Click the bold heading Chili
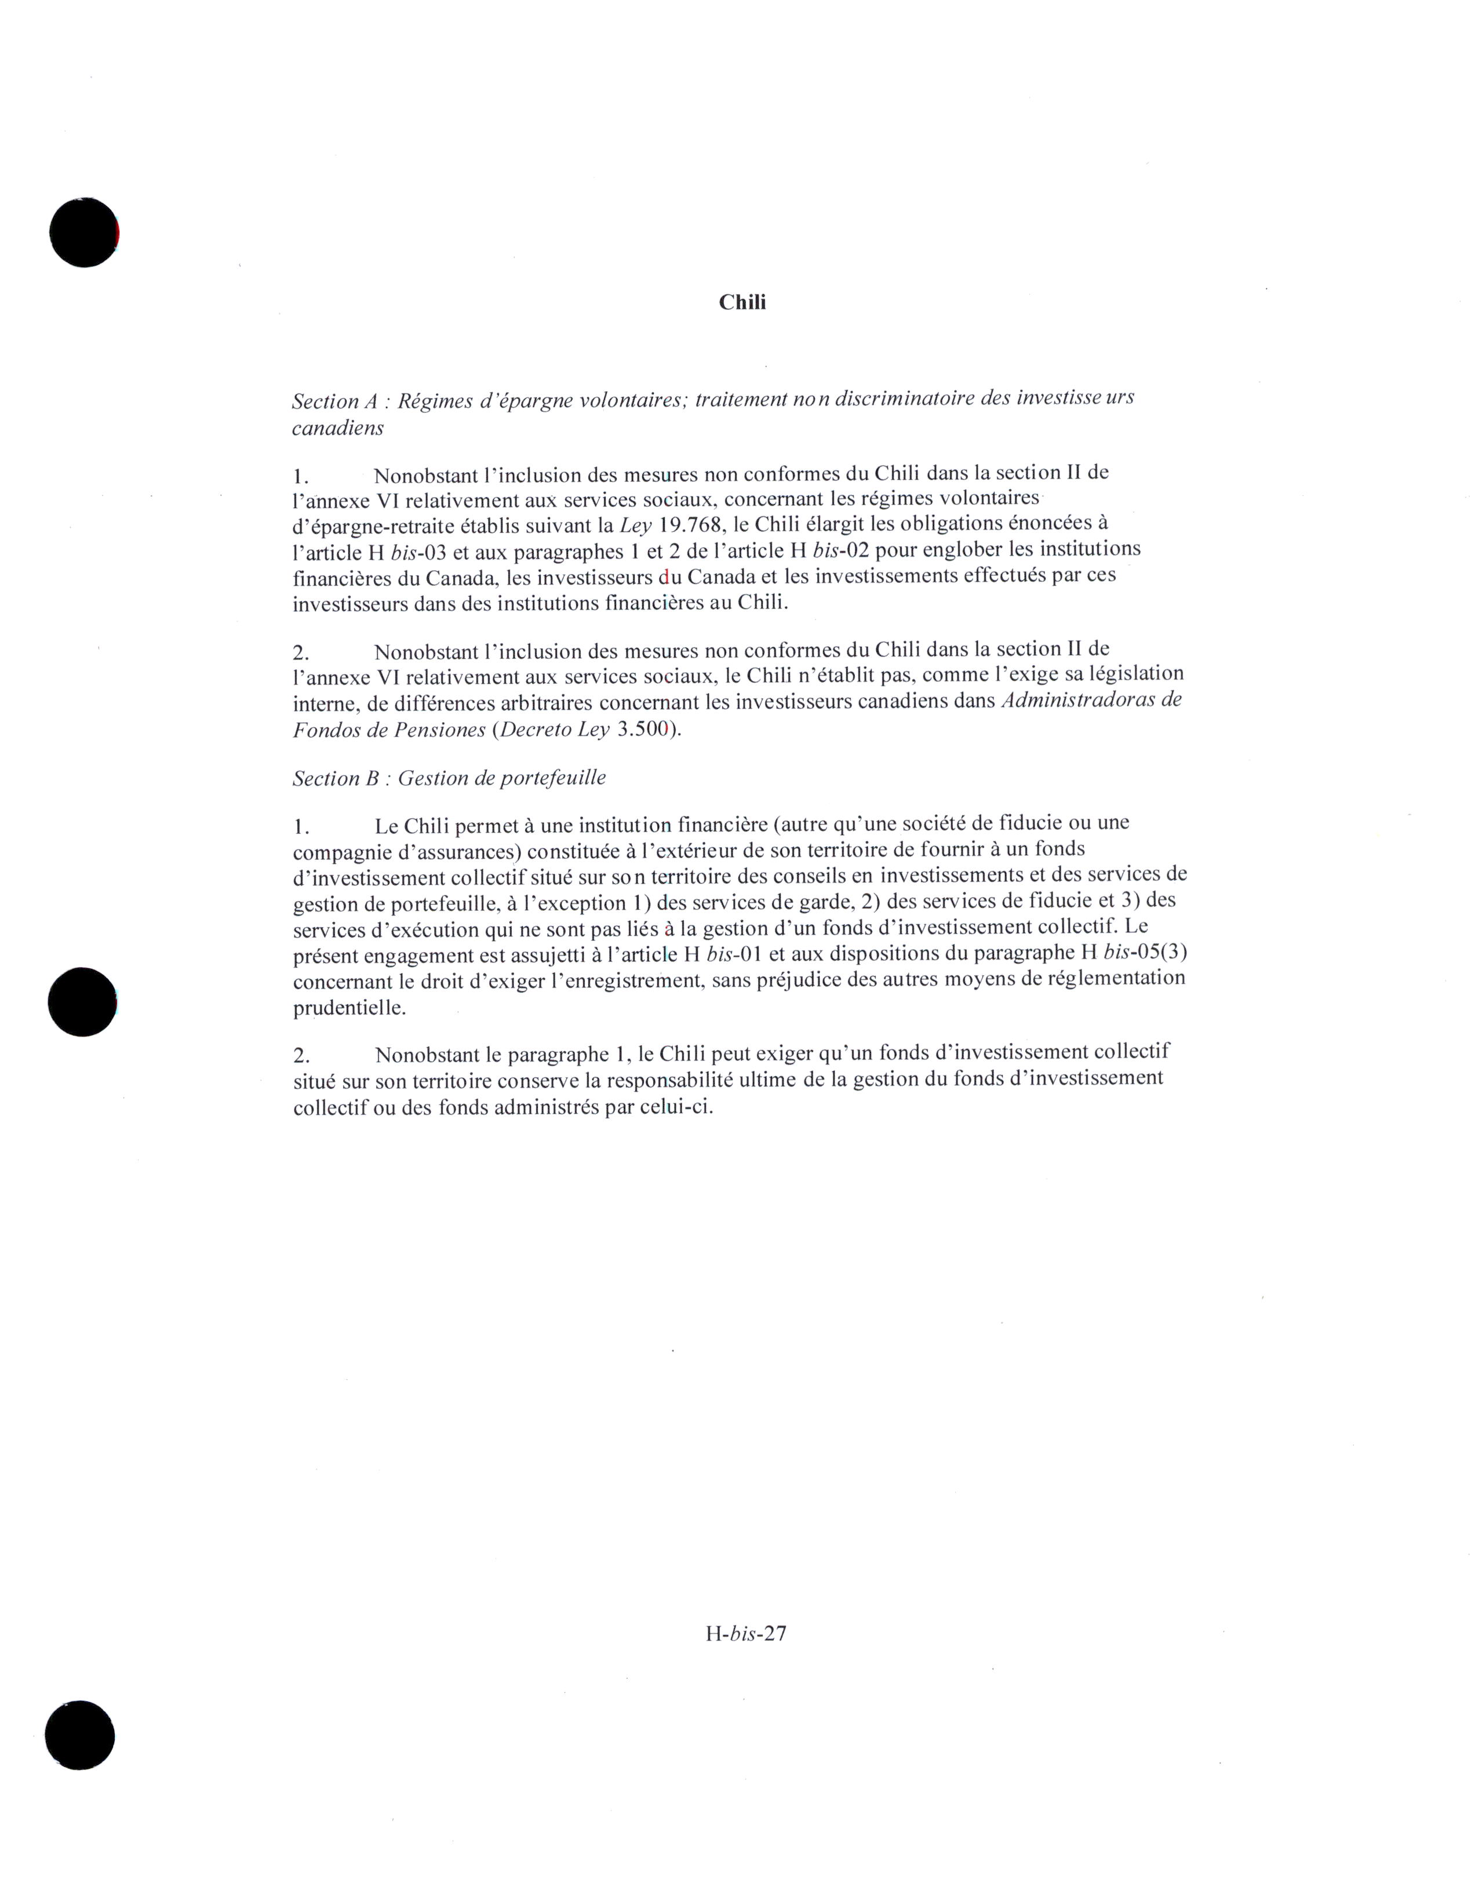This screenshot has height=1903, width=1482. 742,302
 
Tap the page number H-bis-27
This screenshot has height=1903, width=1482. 746,1634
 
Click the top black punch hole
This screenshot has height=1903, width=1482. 83,232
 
